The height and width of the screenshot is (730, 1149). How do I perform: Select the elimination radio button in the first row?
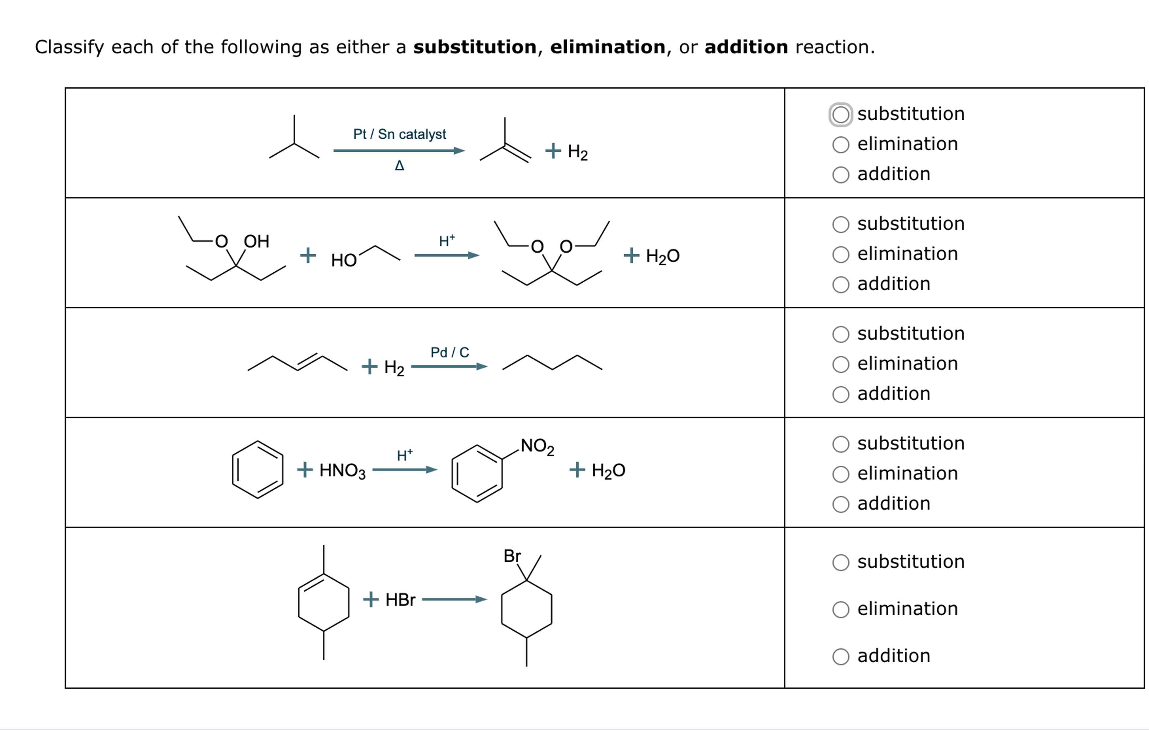(x=840, y=144)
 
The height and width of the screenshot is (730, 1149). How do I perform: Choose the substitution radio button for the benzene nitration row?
(x=840, y=444)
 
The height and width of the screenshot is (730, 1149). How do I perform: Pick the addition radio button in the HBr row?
(x=840, y=656)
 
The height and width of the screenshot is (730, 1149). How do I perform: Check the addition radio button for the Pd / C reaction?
(x=840, y=395)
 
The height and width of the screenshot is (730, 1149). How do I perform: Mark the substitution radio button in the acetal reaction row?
(x=840, y=224)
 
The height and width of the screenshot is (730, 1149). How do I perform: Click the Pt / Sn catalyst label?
(x=399, y=134)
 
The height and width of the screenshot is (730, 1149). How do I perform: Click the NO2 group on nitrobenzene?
(x=537, y=446)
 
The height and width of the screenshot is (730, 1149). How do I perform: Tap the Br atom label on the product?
(x=512, y=556)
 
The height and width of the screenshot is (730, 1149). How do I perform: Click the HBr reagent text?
(x=400, y=600)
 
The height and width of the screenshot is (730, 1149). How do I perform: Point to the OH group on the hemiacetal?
(x=257, y=241)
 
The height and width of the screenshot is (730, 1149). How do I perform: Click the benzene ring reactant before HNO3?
(x=258, y=469)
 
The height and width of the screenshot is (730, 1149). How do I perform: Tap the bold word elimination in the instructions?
(x=608, y=47)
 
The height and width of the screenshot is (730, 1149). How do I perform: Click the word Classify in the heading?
(x=69, y=47)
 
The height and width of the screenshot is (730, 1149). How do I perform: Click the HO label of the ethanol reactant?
(x=344, y=261)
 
